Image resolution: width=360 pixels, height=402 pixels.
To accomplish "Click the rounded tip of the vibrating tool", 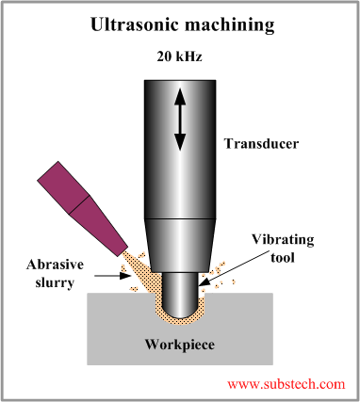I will [x=179, y=306].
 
